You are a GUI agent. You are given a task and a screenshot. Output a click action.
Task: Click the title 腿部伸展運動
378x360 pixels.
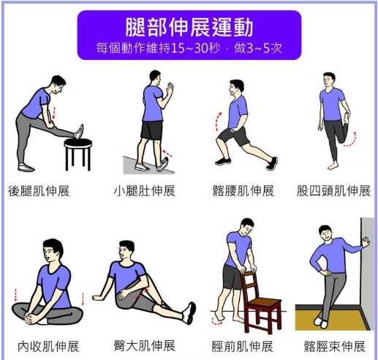coord(189,28)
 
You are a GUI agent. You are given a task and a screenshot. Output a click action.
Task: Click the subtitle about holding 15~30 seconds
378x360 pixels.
coord(189,48)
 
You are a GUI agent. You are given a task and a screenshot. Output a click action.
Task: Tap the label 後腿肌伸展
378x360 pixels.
coord(41,192)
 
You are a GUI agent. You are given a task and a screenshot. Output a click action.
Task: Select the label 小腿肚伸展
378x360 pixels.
coord(145,192)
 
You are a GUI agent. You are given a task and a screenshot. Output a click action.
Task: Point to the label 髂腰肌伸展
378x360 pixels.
coord(242,192)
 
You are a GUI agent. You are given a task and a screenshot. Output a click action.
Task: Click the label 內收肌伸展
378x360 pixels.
coord(48,345)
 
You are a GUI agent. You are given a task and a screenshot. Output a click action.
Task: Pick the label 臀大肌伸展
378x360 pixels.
coord(145,345)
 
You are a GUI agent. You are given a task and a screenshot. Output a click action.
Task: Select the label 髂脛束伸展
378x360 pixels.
coord(335,345)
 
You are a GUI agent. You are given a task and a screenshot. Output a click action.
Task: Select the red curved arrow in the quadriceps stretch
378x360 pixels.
coord(354,138)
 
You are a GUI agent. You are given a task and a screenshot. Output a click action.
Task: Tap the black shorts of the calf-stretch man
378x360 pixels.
coord(151,130)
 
